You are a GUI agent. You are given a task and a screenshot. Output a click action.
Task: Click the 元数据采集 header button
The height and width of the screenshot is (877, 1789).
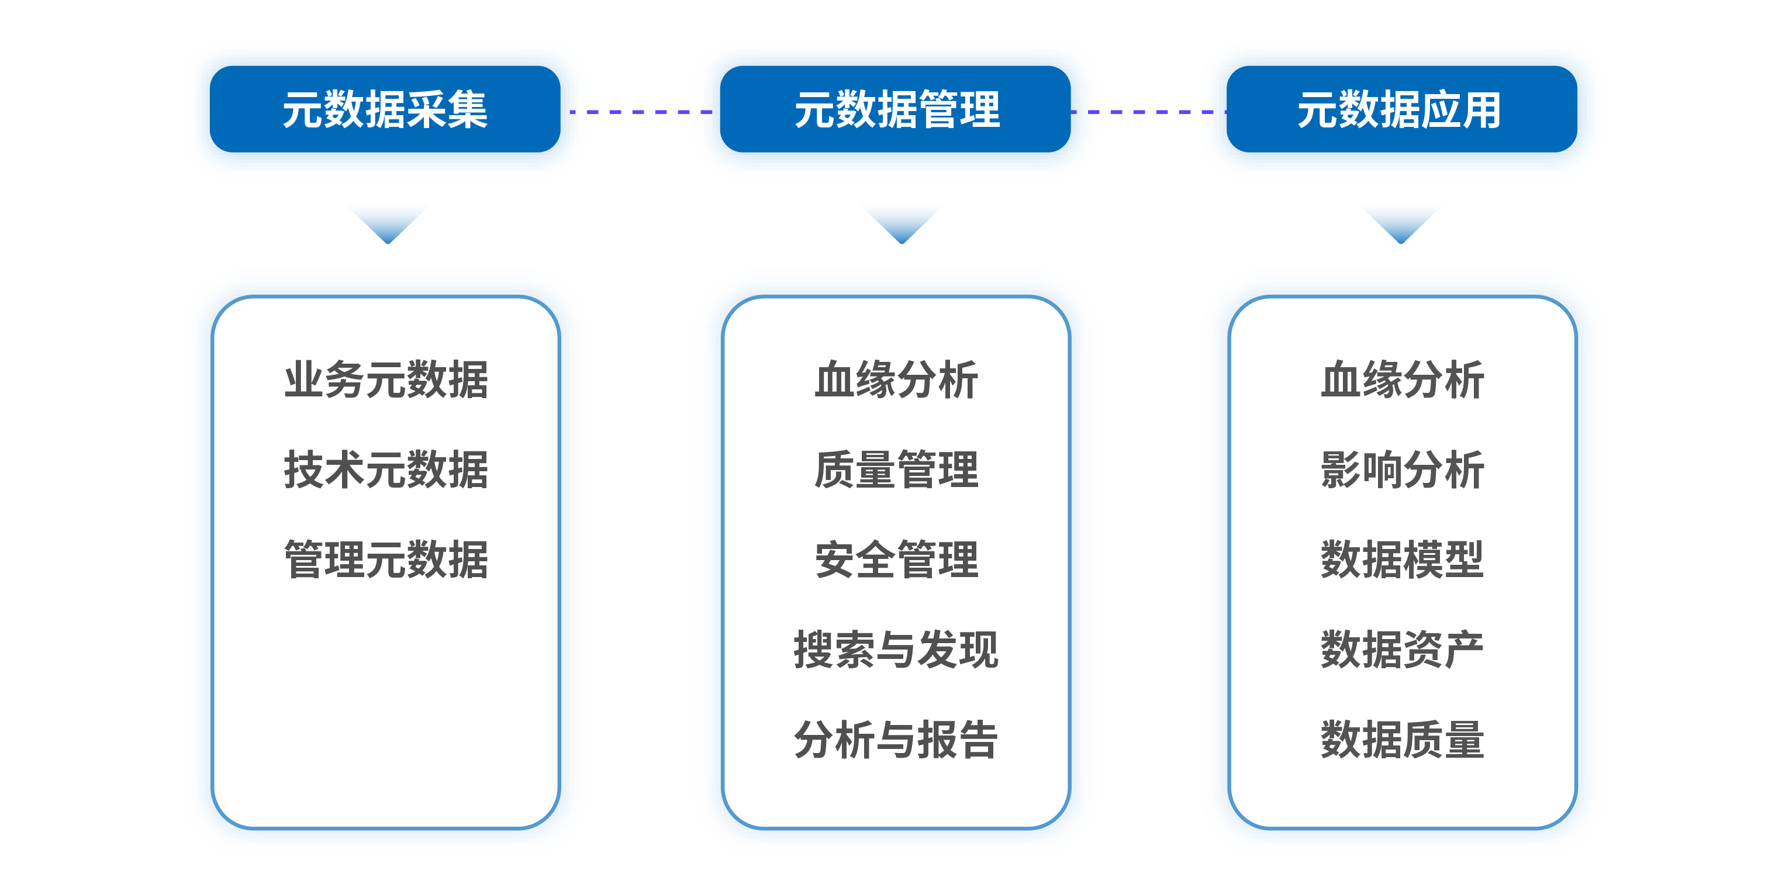(x=385, y=109)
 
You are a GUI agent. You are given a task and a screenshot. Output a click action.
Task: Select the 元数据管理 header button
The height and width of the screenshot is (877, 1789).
(x=895, y=109)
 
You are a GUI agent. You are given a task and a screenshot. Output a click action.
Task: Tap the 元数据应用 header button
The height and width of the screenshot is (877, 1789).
(x=1401, y=109)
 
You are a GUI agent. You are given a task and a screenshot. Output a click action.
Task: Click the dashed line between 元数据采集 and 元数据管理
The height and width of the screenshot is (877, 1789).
(x=640, y=111)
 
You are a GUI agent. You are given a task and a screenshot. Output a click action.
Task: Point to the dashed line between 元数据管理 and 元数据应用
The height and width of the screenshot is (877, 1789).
(x=1149, y=111)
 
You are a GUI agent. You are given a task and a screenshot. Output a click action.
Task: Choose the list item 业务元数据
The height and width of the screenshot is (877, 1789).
(x=386, y=380)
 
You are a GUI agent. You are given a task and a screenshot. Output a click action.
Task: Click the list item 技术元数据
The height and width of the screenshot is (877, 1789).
(x=386, y=470)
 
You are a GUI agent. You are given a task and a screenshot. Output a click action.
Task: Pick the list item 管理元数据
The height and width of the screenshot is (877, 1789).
(x=386, y=560)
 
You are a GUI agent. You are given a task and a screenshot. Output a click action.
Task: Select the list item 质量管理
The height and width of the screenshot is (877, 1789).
(x=896, y=470)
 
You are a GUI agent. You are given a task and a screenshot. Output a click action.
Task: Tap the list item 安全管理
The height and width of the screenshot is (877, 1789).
(x=896, y=560)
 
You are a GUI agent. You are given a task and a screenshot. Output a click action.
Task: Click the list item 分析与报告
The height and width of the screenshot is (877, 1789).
(x=896, y=740)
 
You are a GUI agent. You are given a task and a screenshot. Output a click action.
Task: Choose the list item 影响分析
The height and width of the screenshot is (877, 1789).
(x=1402, y=470)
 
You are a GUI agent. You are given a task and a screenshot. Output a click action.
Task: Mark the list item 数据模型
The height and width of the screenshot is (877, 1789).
(x=1402, y=560)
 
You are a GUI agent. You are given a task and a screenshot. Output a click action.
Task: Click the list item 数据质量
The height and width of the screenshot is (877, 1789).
(x=1402, y=740)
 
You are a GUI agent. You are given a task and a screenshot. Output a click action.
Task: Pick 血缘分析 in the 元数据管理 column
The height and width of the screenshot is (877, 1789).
(x=896, y=380)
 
